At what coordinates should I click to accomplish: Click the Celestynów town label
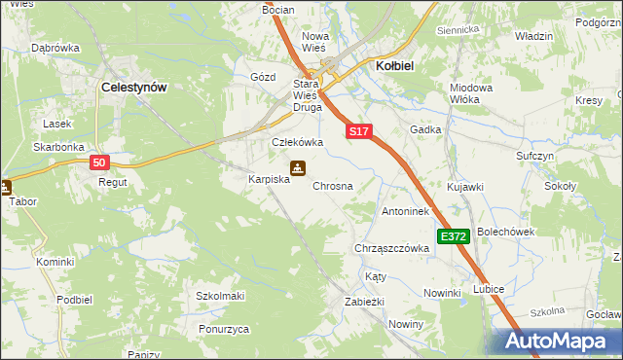tap(134, 87)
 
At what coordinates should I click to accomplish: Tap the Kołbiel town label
tap(396, 65)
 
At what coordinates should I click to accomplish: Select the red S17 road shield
tap(358, 130)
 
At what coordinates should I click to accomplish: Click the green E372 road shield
tap(454, 236)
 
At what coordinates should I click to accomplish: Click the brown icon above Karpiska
tap(298, 167)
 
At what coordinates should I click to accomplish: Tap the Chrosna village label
tap(332, 185)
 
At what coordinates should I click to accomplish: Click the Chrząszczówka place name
tap(393, 248)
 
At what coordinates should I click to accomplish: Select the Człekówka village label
tap(297, 142)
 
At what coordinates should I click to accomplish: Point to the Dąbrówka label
tap(55, 47)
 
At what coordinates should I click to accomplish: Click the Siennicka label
tap(458, 29)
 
